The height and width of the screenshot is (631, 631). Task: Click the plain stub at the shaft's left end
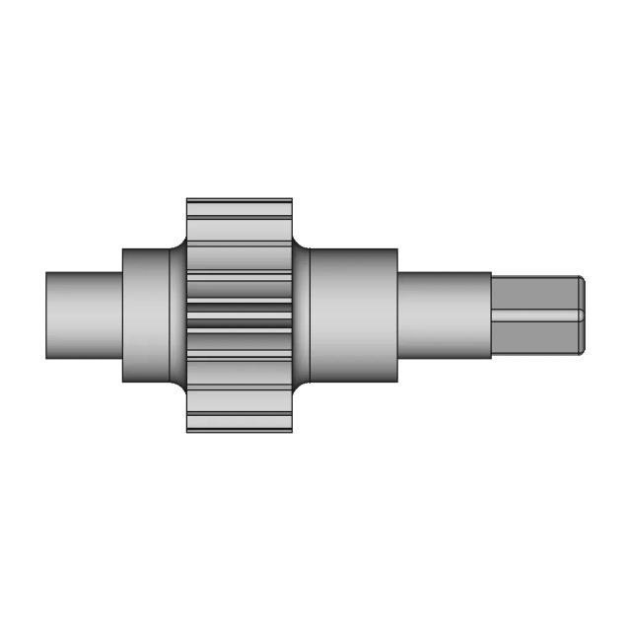[x=84, y=315]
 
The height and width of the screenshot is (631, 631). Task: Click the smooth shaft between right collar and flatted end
[x=444, y=315]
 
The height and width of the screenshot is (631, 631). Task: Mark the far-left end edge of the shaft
[x=46, y=315]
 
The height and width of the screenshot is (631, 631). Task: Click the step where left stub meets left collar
[x=122, y=315]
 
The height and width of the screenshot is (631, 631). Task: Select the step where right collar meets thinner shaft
[x=397, y=315]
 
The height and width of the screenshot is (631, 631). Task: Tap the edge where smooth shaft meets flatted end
[x=492, y=315]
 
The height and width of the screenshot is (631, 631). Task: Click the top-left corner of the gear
[x=188, y=200]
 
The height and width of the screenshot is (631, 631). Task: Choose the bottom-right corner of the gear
[x=292, y=430]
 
